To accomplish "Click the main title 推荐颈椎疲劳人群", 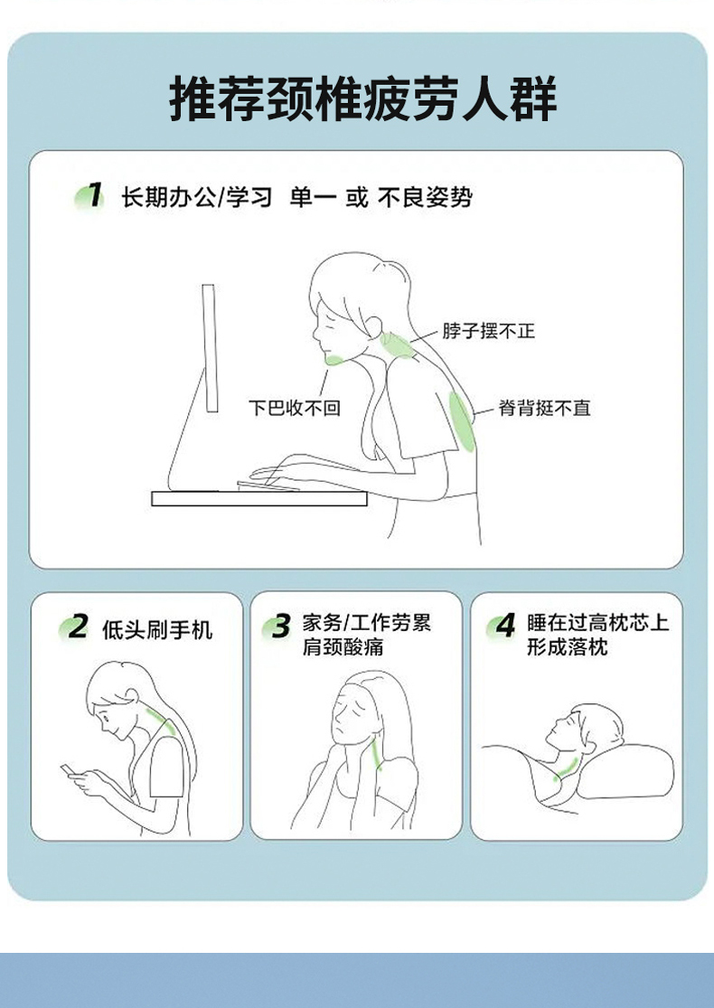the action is (363, 99).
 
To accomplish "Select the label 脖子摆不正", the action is (488, 331).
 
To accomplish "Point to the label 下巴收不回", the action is (295, 408).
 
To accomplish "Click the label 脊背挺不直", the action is (544, 408).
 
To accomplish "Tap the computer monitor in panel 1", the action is (210, 348).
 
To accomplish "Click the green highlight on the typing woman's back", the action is (462, 421).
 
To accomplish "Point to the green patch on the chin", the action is (335, 360).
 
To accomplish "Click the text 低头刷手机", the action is (157, 629).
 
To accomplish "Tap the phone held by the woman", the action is (69, 769).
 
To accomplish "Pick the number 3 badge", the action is (278, 626).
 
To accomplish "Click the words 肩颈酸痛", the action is (343, 646).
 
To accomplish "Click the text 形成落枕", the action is (568, 646).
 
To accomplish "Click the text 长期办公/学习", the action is (197, 197).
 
